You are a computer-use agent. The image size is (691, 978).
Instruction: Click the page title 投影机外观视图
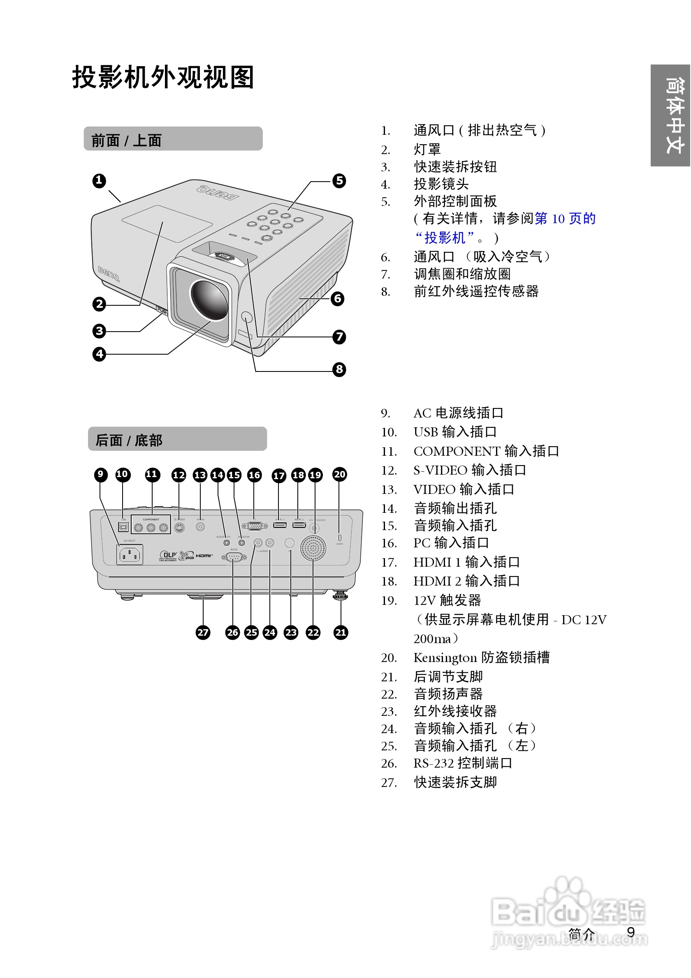pyautogui.click(x=163, y=77)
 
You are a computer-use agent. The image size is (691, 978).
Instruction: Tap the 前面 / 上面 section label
pyautogui.click(x=127, y=140)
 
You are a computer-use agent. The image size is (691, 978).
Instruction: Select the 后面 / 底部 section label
pyautogui.click(x=129, y=440)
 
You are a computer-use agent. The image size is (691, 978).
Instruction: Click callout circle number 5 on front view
pyautogui.click(x=339, y=181)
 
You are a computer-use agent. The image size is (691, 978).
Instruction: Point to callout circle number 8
pyautogui.click(x=339, y=369)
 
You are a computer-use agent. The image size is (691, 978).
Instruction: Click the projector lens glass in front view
pyautogui.click(x=209, y=300)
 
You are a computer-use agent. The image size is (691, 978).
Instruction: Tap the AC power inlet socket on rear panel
pyautogui.click(x=129, y=555)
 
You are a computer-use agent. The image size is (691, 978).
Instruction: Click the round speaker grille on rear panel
pyautogui.click(x=313, y=548)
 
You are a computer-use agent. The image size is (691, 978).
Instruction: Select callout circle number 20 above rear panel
pyautogui.click(x=339, y=474)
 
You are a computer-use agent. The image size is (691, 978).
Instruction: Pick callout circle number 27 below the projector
pyautogui.click(x=203, y=632)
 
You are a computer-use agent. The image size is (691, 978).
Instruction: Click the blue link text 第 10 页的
pyautogui.click(x=565, y=219)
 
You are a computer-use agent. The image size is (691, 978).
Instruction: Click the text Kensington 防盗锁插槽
pyautogui.click(x=481, y=657)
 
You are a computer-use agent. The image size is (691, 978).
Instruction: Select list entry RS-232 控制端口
pyautogui.click(x=462, y=763)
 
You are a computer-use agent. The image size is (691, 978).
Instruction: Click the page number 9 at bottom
pyautogui.click(x=631, y=932)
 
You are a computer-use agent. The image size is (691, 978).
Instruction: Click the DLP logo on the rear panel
pyautogui.click(x=168, y=555)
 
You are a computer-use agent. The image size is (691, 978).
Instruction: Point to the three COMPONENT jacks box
pyautogui.click(x=151, y=525)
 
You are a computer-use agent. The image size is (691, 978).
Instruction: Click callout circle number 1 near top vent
pyautogui.click(x=99, y=181)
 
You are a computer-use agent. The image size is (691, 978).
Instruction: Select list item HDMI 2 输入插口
pyautogui.click(x=466, y=581)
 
